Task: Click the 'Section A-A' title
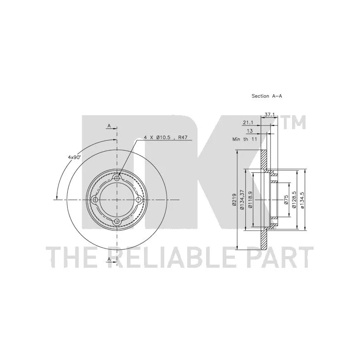tap(266, 96)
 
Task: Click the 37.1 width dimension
tap(270, 115)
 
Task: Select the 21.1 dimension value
tap(248, 123)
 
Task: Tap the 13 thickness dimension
tap(250, 131)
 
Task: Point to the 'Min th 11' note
tap(245, 139)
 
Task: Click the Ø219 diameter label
tap(234, 199)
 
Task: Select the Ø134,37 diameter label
tap(242, 199)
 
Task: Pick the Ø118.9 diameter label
tap(250, 199)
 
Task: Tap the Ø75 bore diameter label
tap(286, 199)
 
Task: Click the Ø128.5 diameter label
tap(294, 199)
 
